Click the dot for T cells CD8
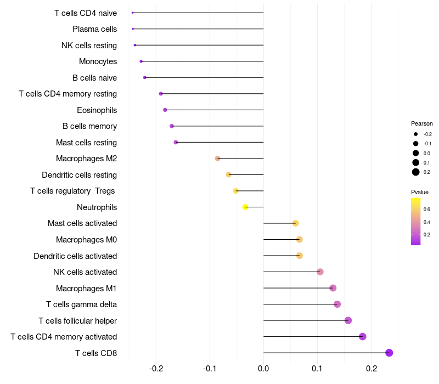pyautogui.click(x=389, y=353)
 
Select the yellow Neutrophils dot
pyautogui.click(x=245, y=207)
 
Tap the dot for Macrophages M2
pyautogui.click(x=218, y=159)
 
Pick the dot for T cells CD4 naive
pyautogui.click(x=133, y=13)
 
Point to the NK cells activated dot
pyautogui.click(x=320, y=272)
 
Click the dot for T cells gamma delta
pyautogui.click(x=337, y=304)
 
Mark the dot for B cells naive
pyautogui.click(x=145, y=77)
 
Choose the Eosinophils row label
pyautogui.click(x=97, y=110)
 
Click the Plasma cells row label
pyautogui.click(x=94, y=29)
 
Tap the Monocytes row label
pyautogui.click(x=98, y=61)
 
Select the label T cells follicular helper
pyautogui.click(x=77, y=320)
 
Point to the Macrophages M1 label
pyautogui.click(x=86, y=288)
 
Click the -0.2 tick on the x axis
pyautogui.click(x=156, y=368)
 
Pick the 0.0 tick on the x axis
pyautogui.click(x=263, y=368)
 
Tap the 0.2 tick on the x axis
pyautogui.click(x=371, y=368)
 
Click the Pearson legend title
pyautogui.click(x=421, y=123)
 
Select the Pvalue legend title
pyautogui.click(x=419, y=192)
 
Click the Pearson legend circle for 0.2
pyautogui.click(x=416, y=172)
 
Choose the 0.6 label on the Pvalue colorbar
pyautogui.click(x=426, y=209)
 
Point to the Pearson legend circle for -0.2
pyautogui.click(x=416, y=134)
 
